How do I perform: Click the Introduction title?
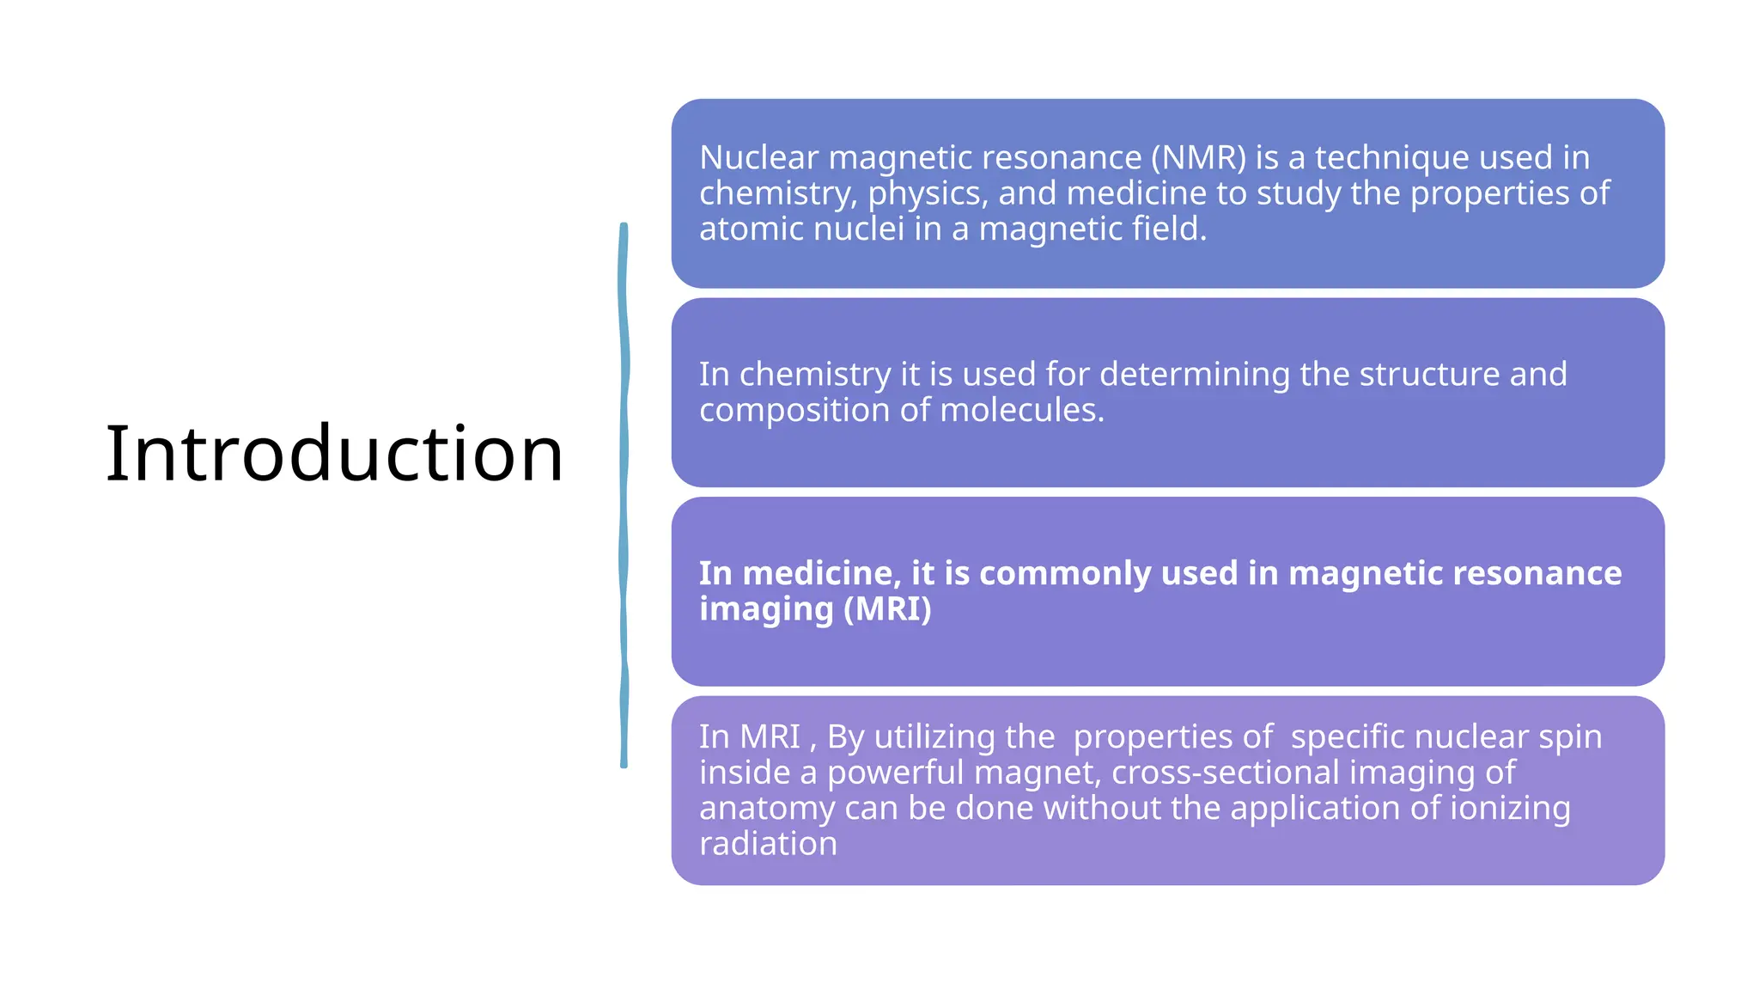click(x=334, y=453)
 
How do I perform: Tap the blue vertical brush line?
click(x=624, y=495)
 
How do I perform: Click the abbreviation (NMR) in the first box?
click(x=1198, y=158)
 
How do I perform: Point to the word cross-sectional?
click(x=1225, y=773)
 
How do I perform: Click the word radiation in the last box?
click(x=768, y=844)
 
